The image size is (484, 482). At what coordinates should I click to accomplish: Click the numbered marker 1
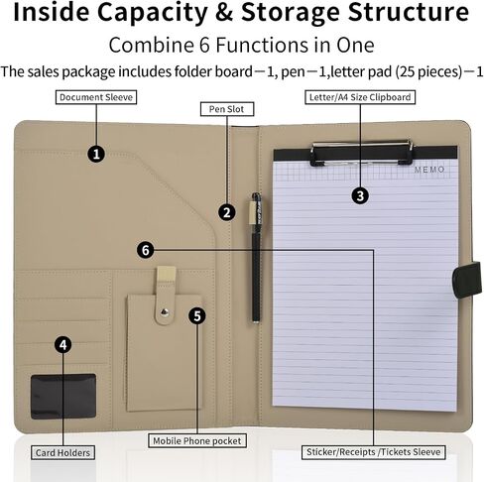tap(96, 154)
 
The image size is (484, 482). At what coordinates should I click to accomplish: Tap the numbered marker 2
tap(227, 212)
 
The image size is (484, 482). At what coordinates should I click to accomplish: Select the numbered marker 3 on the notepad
tap(360, 195)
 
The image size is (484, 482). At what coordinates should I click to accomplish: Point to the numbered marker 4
tap(62, 345)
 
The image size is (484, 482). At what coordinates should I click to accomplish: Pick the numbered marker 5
tap(197, 315)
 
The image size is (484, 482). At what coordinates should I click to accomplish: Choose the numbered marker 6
tap(146, 250)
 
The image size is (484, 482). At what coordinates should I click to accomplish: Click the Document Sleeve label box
tap(96, 97)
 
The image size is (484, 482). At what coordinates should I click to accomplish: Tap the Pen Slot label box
tap(227, 109)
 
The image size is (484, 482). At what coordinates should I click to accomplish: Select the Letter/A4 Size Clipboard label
tap(360, 97)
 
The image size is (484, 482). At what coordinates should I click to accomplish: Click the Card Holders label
tap(62, 452)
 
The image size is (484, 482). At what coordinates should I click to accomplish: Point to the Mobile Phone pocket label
tap(197, 440)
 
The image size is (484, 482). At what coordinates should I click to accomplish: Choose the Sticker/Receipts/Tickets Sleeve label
tap(374, 452)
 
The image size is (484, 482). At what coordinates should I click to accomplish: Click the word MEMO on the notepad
tap(429, 170)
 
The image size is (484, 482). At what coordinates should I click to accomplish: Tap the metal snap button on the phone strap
tap(165, 311)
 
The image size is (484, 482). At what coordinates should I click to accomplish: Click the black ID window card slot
tap(63, 397)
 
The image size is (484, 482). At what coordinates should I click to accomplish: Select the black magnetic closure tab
tap(467, 280)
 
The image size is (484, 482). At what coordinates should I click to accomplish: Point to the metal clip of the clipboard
tap(362, 153)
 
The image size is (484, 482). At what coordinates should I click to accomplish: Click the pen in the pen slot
tap(256, 258)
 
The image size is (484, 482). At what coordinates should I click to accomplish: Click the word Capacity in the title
tap(153, 13)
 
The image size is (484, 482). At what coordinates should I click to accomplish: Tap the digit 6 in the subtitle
tap(204, 45)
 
